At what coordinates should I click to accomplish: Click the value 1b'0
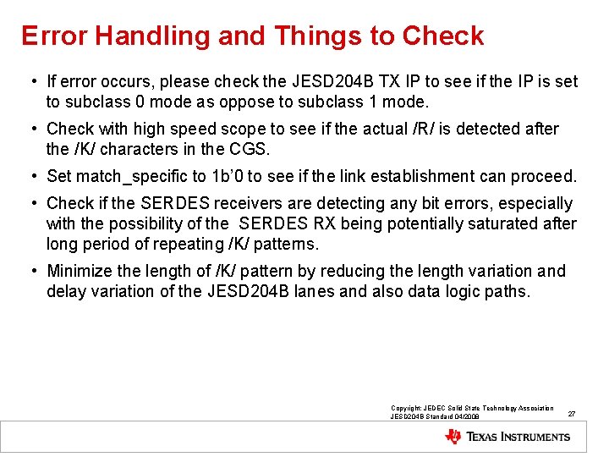tap(231, 177)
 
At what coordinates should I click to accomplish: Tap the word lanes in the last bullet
tap(360, 292)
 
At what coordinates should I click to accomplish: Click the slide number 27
tap(572, 414)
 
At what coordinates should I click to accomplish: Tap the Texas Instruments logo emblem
tap(453, 437)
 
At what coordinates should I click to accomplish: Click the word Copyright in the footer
tap(408, 409)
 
